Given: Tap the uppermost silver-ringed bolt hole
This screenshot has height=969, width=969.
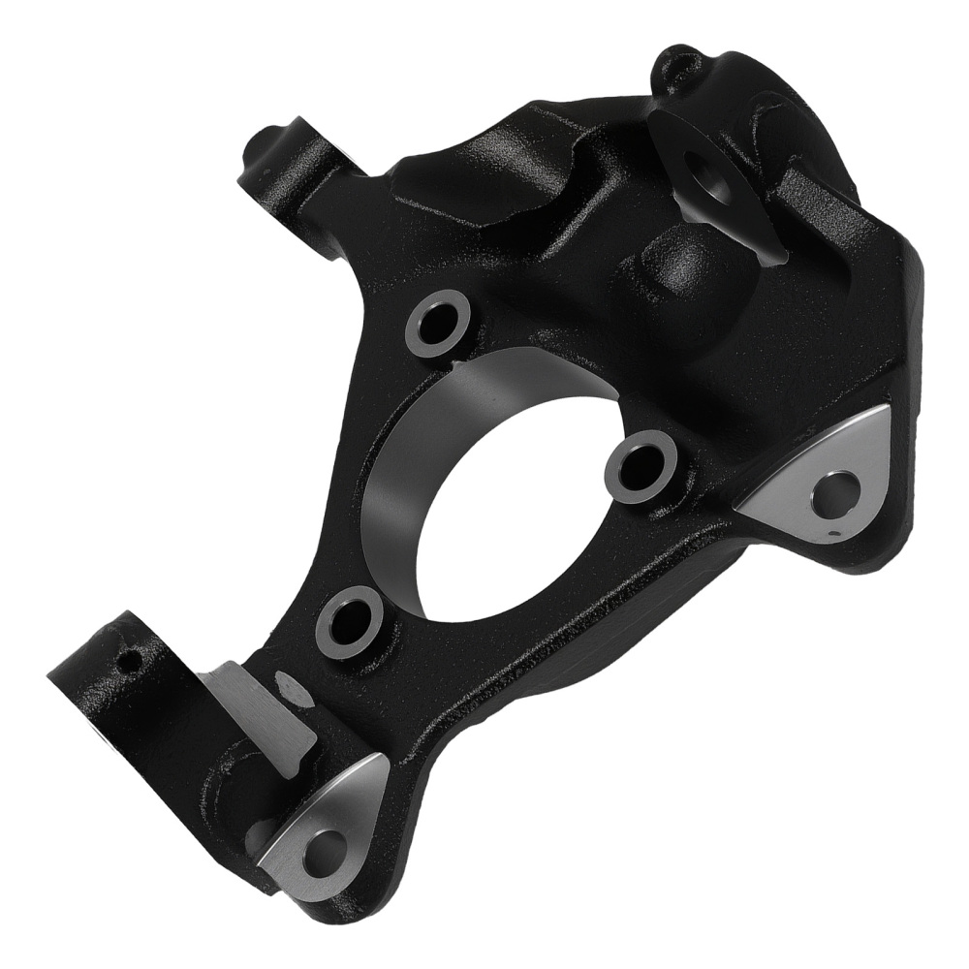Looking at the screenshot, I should point(438,322).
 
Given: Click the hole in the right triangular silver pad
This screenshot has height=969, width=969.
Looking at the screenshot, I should point(835,491).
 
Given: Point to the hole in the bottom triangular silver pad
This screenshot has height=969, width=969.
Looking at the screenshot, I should point(323,852).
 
